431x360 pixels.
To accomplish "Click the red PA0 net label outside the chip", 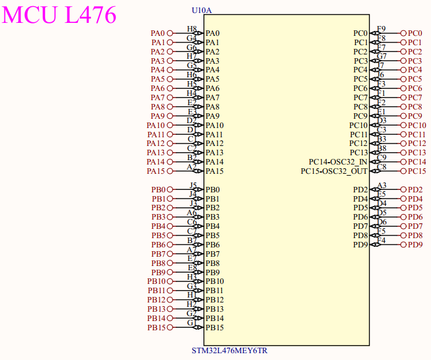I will point(158,33).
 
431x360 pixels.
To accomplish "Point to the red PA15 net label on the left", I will point(156,171).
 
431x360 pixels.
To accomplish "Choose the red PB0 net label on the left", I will point(158,190).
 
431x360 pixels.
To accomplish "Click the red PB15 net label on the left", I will point(156,328).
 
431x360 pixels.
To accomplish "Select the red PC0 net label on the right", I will point(415,33).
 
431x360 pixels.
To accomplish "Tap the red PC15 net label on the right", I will point(417,171).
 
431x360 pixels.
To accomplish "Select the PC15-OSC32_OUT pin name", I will point(334,171).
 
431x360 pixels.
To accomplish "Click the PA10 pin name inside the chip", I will point(215,126).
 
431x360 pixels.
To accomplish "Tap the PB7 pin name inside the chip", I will point(213,254).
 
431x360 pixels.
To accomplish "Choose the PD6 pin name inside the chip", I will point(361,217).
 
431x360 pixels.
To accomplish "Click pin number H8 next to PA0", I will point(192,29).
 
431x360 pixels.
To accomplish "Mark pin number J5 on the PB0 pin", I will point(193,186).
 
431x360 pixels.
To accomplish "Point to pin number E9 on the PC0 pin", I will point(382,29).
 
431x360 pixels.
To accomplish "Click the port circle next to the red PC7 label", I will point(403,98).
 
